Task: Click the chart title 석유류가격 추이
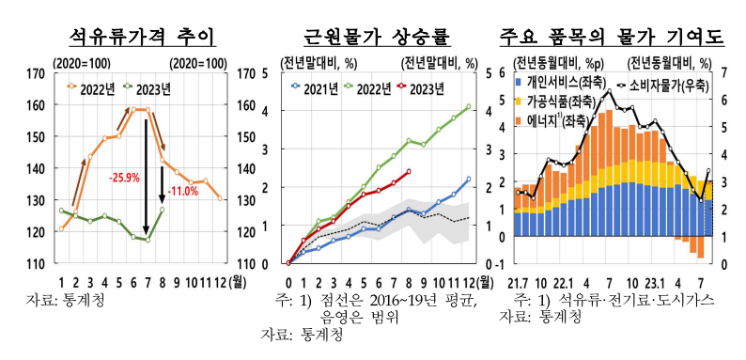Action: click(x=144, y=38)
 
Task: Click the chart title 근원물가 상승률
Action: click(x=377, y=38)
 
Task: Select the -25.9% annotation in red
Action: click(x=124, y=177)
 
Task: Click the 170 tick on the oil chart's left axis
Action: click(x=39, y=72)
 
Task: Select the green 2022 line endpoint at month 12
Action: click(x=469, y=106)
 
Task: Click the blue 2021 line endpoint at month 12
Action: click(x=469, y=179)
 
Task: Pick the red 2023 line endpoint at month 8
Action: click(x=409, y=171)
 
